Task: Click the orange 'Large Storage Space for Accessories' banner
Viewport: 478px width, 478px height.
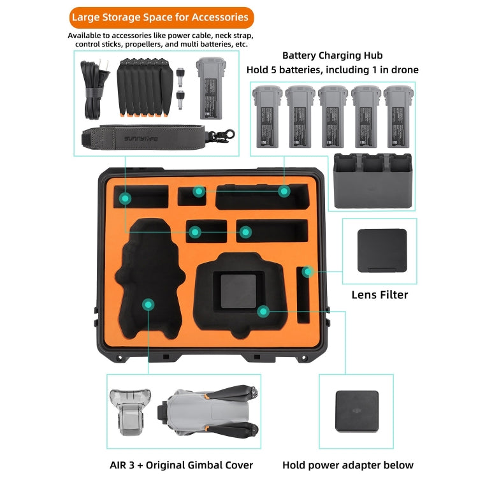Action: pos(160,17)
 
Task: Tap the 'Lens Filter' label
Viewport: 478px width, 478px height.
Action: pos(380,294)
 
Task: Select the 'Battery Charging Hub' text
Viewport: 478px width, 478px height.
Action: pos(332,56)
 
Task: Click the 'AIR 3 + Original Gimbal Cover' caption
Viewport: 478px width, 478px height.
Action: pos(180,465)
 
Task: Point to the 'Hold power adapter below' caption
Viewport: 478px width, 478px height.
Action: pos(348,465)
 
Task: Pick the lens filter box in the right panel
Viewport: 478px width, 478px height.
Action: pos(381,250)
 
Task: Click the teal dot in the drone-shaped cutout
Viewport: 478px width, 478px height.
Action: pos(148,305)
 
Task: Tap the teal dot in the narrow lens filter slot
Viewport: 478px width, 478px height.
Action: pos(307,272)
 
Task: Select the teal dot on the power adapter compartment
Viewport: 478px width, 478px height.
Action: pos(263,311)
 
